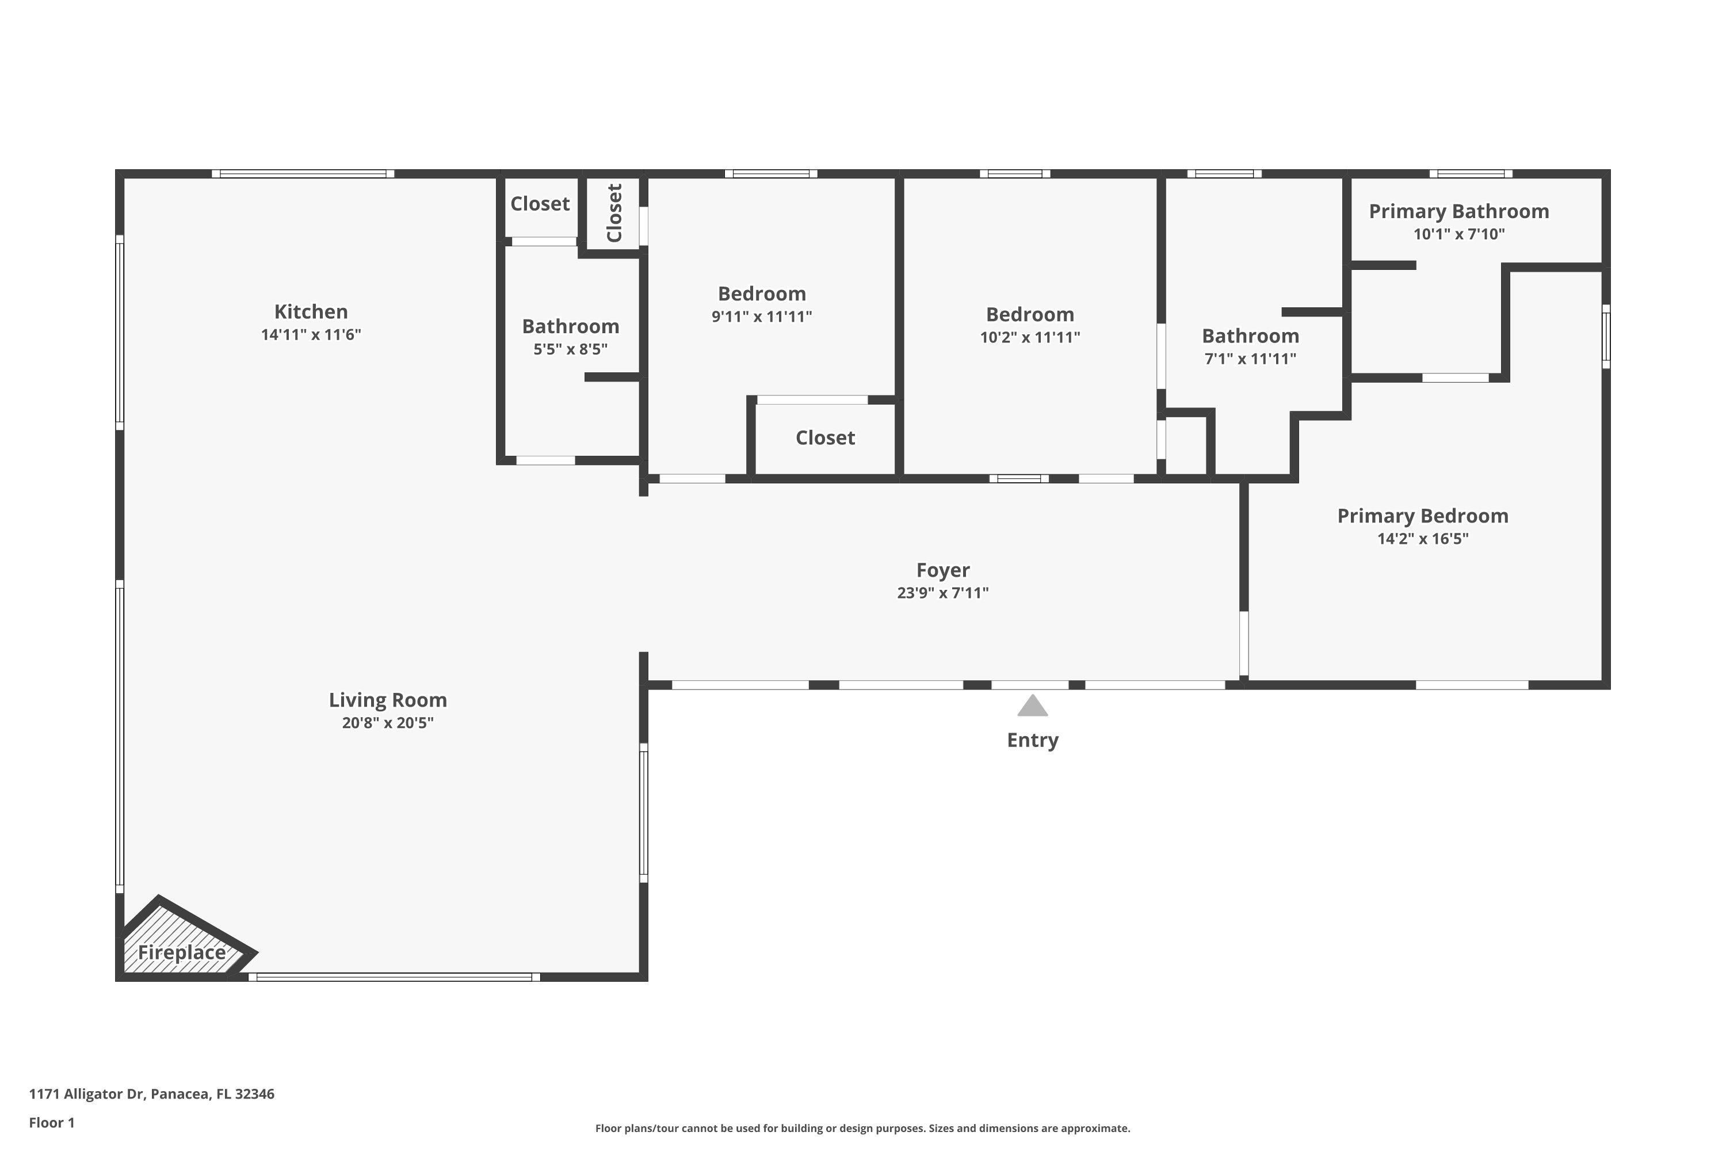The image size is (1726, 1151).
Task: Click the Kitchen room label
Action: [311, 311]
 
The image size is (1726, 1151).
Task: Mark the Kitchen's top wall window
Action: [303, 174]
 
